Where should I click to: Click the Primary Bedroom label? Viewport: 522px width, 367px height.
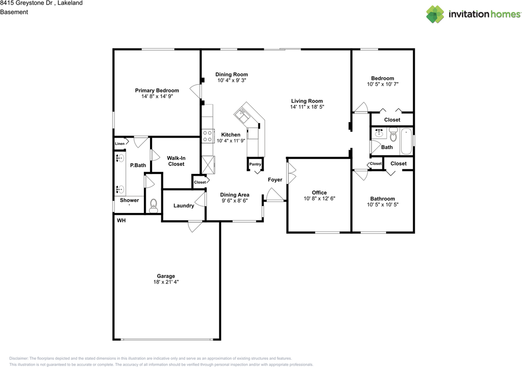pyautogui.click(x=157, y=90)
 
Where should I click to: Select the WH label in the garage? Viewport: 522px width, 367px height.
pyautogui.click(x=121, y=220)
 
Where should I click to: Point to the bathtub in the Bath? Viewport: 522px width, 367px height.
pyautogui.click(x=406, y=141)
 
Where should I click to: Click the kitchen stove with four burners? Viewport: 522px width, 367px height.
pyautogui.click(x=208, y=136)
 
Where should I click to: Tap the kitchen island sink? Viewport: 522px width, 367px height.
pyautogui.click(x=243, y=114)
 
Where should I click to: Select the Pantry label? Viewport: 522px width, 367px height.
pyautogui.click(x=255, y=164)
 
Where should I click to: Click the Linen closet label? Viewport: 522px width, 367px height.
pyautogui.click(x=119, y=143)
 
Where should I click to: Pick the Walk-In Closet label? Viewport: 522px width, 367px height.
pyautogui.click(x=176, y=161)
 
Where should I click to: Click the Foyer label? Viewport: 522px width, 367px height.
pyautogui.click(x=275, y=180)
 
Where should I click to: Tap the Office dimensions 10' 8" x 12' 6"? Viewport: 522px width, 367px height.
pyautogui.click(x=319, y=198)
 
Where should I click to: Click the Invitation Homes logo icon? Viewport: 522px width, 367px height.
pyautogui.click(x=436, y=14)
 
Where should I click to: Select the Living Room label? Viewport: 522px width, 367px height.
pyautogui.click(x=307, y=101)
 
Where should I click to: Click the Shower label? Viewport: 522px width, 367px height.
pyautogui.click(x=129, y=200)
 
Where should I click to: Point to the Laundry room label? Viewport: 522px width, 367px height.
pyautogui.click(x=184, y=206)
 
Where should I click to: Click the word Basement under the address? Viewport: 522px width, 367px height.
pyautogui.click(x=14, y=12)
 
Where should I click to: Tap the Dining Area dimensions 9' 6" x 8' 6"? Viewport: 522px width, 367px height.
pyautogui.click(x=234, y=200)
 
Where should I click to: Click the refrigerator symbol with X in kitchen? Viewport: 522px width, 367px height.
pyautogui.click(x=208, y=165)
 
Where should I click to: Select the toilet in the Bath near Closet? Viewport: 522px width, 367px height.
pyautogui.click(x=393, y=135)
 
